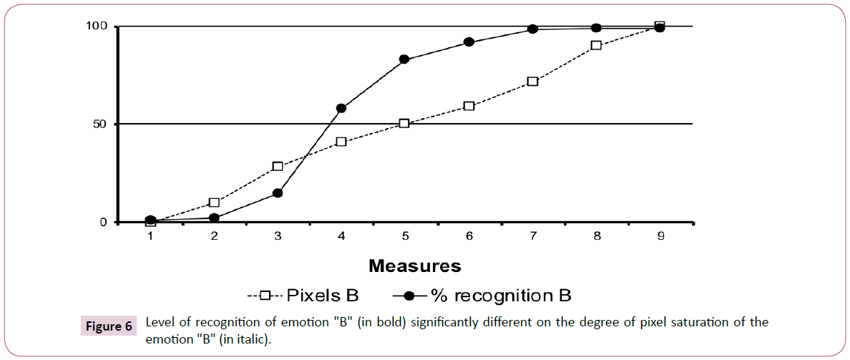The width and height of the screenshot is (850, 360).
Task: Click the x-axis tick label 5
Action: [405, 235]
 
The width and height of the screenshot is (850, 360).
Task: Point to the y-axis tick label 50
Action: [99, 124]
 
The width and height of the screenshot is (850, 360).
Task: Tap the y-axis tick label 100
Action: [96, 26]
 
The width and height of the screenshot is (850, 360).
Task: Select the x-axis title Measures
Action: [415, 266]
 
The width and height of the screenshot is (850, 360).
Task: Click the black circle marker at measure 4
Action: [341, 108]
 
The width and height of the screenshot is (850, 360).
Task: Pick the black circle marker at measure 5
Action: [405, 59]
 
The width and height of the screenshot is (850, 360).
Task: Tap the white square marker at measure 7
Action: [532, 82]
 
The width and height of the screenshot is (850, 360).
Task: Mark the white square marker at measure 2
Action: [214, 203]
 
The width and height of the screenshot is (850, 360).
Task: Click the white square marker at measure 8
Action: [596, 45]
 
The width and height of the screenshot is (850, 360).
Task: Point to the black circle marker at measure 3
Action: [278, 193]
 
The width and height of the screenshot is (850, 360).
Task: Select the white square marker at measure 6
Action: [469, 106]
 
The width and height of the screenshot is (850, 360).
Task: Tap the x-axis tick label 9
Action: [660, 235]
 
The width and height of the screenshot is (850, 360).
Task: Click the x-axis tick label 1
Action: [150, 235]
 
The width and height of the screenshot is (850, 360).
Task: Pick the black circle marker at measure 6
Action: [469, 42]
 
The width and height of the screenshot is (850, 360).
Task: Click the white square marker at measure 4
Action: [341, 142]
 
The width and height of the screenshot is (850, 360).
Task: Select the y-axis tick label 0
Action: [102, 222]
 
